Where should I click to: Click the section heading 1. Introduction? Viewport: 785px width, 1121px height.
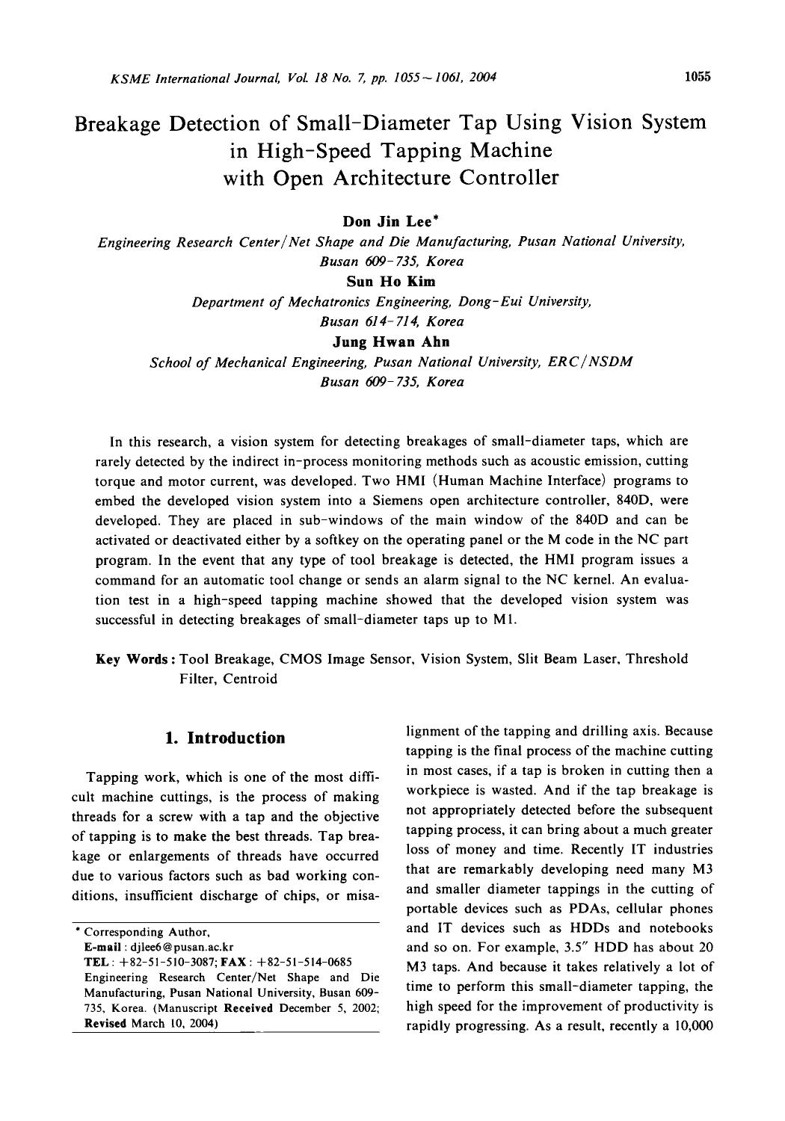point(225,738)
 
